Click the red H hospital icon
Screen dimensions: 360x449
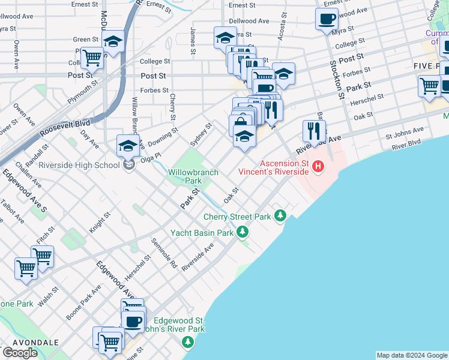coord(319,166)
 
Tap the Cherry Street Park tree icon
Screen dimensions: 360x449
coord(280,215)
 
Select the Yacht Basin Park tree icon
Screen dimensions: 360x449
coord(242,231)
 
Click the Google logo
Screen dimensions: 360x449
coord(20,353)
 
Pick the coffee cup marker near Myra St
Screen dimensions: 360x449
coord(327,19)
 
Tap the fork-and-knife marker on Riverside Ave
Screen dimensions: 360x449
coord(314,130)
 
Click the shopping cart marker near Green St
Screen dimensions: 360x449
coord(92,58)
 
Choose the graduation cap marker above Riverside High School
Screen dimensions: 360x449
coord(128,145)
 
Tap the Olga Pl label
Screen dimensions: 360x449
coord(151,155)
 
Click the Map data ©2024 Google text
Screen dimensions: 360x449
coord(411,355)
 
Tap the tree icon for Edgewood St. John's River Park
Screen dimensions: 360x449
coord(188,342)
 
